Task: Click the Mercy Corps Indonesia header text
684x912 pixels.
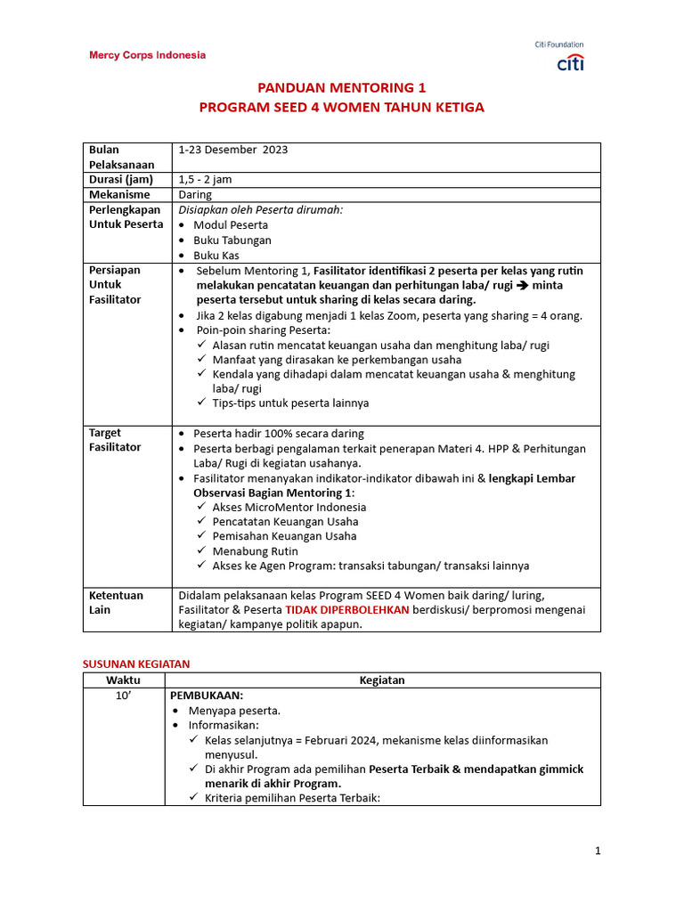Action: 147,55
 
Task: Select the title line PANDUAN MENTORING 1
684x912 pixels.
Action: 342,88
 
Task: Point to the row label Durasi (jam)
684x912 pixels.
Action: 121,179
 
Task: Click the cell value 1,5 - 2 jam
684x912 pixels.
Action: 206,179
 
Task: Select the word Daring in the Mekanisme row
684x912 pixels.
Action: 196,194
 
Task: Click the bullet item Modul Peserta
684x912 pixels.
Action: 231,225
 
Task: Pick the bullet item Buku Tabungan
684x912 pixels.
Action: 232,240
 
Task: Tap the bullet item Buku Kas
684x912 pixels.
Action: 216,256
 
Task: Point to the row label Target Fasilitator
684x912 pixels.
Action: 115,440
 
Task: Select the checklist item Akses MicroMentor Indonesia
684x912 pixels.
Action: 289,507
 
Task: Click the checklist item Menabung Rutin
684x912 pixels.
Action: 255,551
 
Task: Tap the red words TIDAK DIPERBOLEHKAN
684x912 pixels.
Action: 347,610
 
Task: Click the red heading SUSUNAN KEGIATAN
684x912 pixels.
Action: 136,664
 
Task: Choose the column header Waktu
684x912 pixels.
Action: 124,680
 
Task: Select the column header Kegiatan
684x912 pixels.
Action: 382,680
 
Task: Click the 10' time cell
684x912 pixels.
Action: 124,696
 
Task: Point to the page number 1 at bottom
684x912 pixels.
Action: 598,851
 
